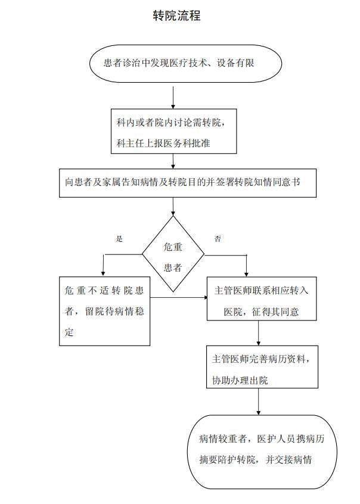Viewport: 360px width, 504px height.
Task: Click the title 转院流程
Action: (x=176, y=16)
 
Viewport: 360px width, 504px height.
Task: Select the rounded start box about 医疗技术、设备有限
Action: (x=179, y=63)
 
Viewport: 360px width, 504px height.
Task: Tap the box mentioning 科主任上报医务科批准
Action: (x=173, y=131)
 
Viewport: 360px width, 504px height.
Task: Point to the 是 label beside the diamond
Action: (x=119, y=238)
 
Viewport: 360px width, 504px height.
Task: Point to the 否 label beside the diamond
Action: (x=218, y=238)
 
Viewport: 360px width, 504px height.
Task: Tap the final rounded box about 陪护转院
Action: (x=262, y=451)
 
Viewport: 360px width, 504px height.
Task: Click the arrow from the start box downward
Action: (x=173, y=97)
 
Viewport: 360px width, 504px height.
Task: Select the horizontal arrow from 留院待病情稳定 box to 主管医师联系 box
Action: (x=179, y=297)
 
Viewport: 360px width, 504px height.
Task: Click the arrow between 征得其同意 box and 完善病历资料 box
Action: (x=258, y=334)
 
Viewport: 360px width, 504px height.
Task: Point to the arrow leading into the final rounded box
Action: (x=258, y=405)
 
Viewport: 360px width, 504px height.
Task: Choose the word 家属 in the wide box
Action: (x=104, y=182)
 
